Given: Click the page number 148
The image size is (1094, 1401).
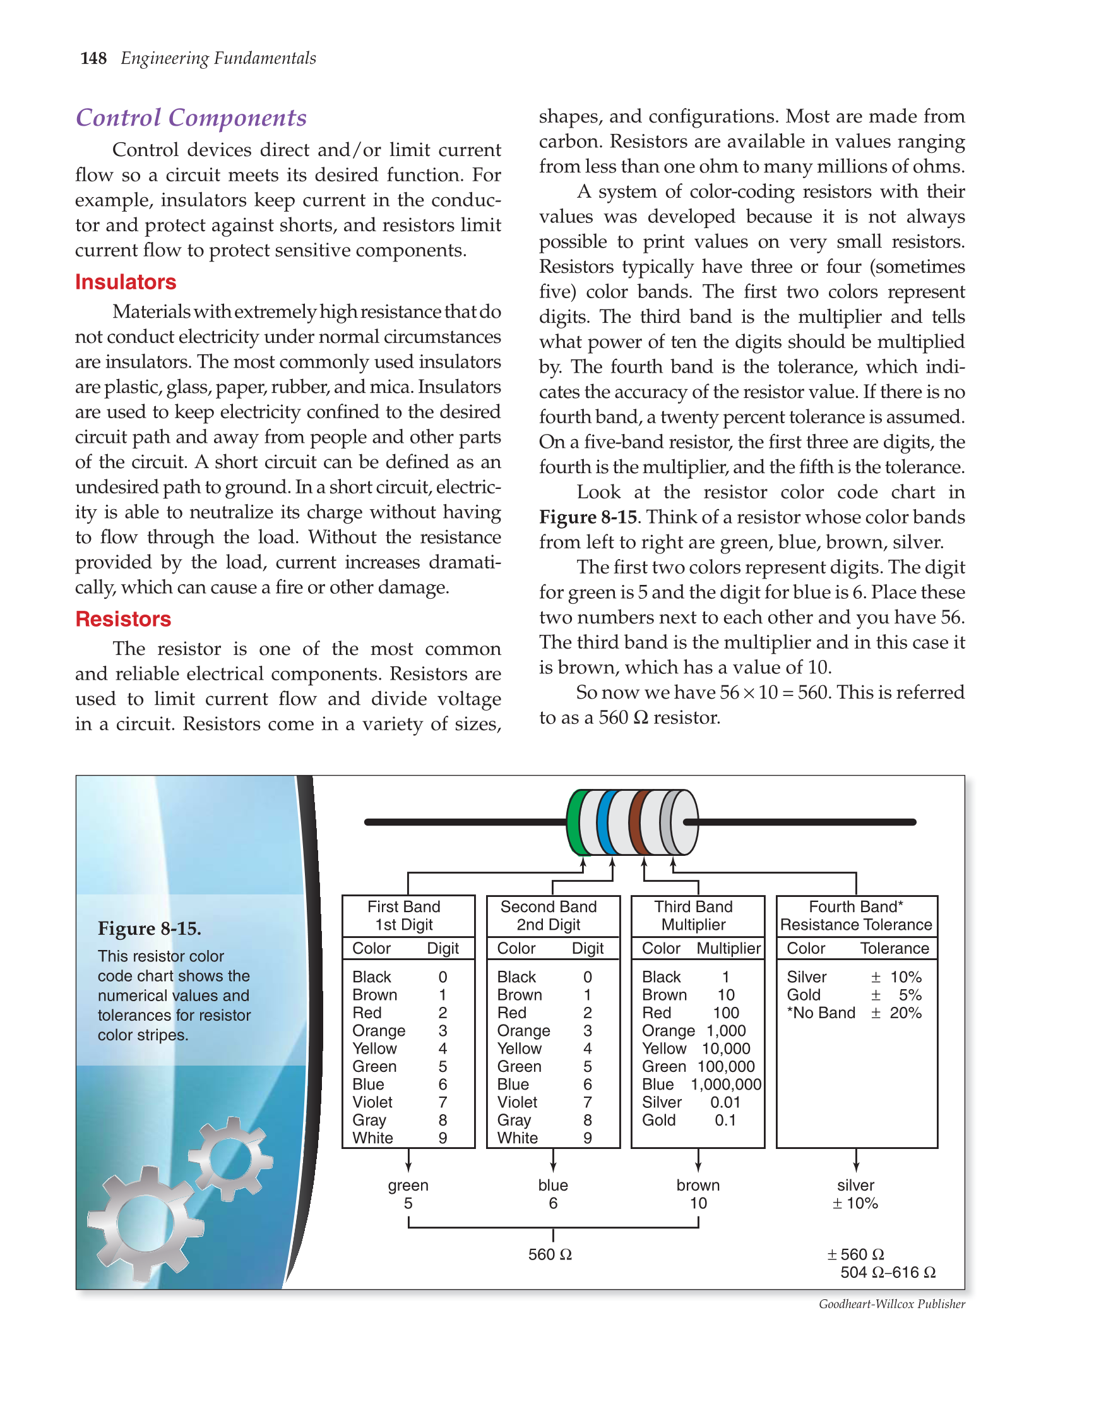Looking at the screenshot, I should pos(93,58).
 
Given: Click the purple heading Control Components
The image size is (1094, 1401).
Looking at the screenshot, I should pos(191,118).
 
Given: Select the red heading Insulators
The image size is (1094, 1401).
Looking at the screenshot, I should pos(125,282).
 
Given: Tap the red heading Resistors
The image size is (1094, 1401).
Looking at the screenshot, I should pos(123,619).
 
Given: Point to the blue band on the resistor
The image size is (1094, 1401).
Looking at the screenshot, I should pos(604,823).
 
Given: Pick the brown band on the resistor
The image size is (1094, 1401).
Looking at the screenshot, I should pos(636,823).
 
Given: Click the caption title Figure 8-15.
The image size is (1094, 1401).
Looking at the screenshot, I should pos(150,929).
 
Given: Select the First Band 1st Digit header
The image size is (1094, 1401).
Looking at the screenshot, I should pos(404,915).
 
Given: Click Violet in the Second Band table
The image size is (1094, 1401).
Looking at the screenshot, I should pos(517,1102).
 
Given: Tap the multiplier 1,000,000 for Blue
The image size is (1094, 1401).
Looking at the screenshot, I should pos(726,1084).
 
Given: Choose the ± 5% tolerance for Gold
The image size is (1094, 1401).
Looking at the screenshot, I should pos(896,995).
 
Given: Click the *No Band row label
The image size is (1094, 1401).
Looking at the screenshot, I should pos(821,1013).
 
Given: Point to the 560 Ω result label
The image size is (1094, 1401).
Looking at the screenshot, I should pos(550,1254).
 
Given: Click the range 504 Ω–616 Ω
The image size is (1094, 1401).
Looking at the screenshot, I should pos(888,1272).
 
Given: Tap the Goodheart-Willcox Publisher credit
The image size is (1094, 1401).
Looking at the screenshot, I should pos(891,1304).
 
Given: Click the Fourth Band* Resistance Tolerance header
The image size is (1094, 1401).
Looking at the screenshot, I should pos(856,915).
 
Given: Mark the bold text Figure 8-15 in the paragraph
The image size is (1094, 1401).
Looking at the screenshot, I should pos(588,517).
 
